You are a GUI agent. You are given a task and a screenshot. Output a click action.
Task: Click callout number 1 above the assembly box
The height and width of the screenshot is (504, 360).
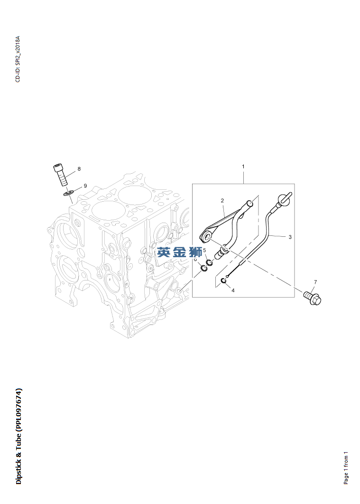point(243,167)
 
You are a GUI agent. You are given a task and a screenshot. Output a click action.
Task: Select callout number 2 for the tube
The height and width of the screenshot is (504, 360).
point(222,201)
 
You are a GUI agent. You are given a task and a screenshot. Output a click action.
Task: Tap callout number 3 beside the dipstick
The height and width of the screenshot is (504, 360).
point(290,237)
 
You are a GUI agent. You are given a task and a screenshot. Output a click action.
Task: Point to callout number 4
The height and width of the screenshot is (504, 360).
point(233,290)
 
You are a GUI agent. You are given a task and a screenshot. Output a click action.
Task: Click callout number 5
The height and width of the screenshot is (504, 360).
point(204,250)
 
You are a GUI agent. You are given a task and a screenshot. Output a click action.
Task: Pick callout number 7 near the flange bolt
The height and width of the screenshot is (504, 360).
point(315,282)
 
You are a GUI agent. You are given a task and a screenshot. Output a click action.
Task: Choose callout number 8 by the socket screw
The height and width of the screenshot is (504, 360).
point(79,169)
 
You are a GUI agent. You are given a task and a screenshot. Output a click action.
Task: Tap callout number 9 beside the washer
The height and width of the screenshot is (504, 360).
point(85,186)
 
